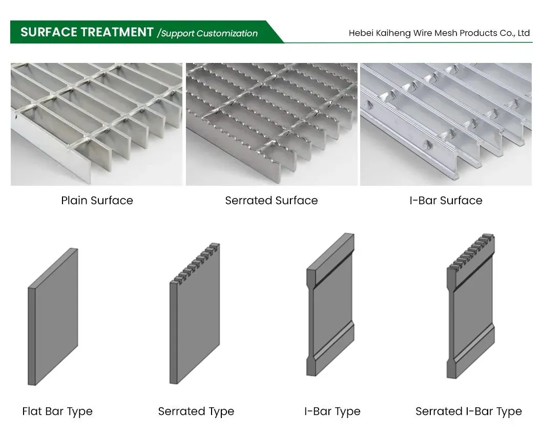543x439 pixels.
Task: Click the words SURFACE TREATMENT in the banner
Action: click(x=87, y=32)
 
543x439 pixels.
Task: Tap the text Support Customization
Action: click(x=209, y=33)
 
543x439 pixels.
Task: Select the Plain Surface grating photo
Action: click(x=96, y=124)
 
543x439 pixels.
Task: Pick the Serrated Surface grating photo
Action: click(x=271, y=124)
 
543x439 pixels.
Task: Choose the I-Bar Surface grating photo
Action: click(x=446, y=124)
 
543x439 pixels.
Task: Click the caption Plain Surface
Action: click(x=97, y=201)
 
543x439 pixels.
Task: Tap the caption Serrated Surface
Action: click(x=271, y=201)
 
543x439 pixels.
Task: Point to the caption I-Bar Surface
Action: click(x=446, y=201)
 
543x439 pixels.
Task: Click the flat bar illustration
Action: click(x=53, y=317)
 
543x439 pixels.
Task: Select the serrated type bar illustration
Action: click(x=195, y=317)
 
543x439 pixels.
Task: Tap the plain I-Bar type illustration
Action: click(x=330, y=307)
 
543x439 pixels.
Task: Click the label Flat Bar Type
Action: click(x=57, y=411)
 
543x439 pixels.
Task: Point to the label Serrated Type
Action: click(x=196, y=411)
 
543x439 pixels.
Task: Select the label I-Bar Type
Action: click(x=332, y=411)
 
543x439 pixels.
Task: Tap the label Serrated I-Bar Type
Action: click(x=468, y=411)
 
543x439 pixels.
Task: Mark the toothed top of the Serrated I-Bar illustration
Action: click(x=472, y=251)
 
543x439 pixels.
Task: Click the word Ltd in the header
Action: click(x=524, y=33)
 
